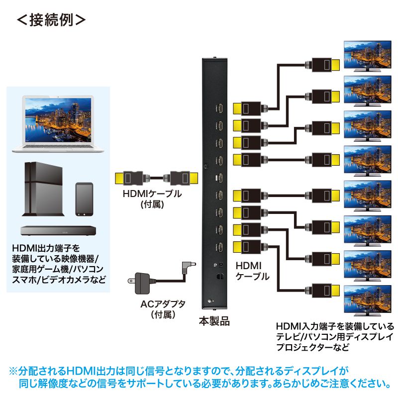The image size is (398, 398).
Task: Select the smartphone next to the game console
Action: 84,199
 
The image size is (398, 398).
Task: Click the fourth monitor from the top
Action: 368,160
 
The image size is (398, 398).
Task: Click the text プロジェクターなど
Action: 313,347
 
